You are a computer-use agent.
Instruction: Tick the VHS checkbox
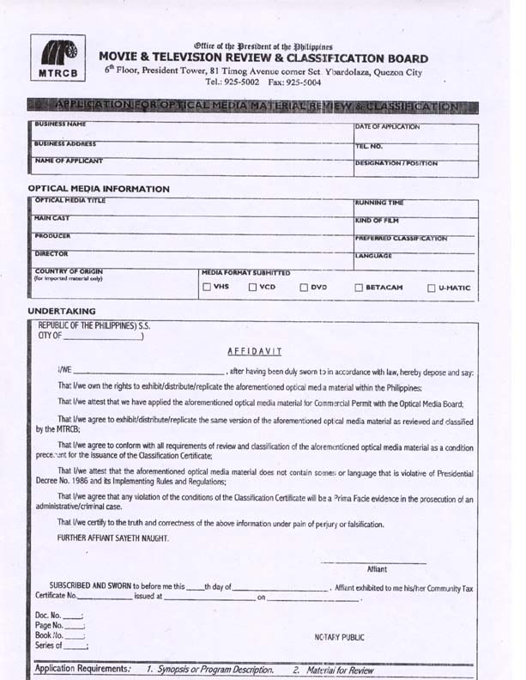(206, 287)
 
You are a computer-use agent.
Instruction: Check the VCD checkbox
(253, 287)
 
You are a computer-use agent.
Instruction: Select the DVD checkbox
(304, 287)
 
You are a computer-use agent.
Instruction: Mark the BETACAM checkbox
(359, 288)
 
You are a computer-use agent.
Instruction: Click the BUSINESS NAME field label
(59, 125)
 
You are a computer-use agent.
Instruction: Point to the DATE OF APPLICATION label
(387, 127)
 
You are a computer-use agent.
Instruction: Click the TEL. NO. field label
(368, 146)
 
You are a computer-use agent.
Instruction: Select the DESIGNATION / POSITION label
(396, 162)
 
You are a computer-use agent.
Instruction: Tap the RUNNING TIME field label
(378, 203)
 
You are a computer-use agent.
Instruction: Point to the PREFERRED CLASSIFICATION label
(401, 238)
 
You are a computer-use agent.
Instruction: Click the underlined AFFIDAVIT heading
(255, 351)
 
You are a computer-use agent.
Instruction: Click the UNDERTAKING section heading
(62, 311)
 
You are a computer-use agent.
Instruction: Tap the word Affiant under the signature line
(377, 568)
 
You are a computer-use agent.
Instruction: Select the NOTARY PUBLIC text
(340, 637)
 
